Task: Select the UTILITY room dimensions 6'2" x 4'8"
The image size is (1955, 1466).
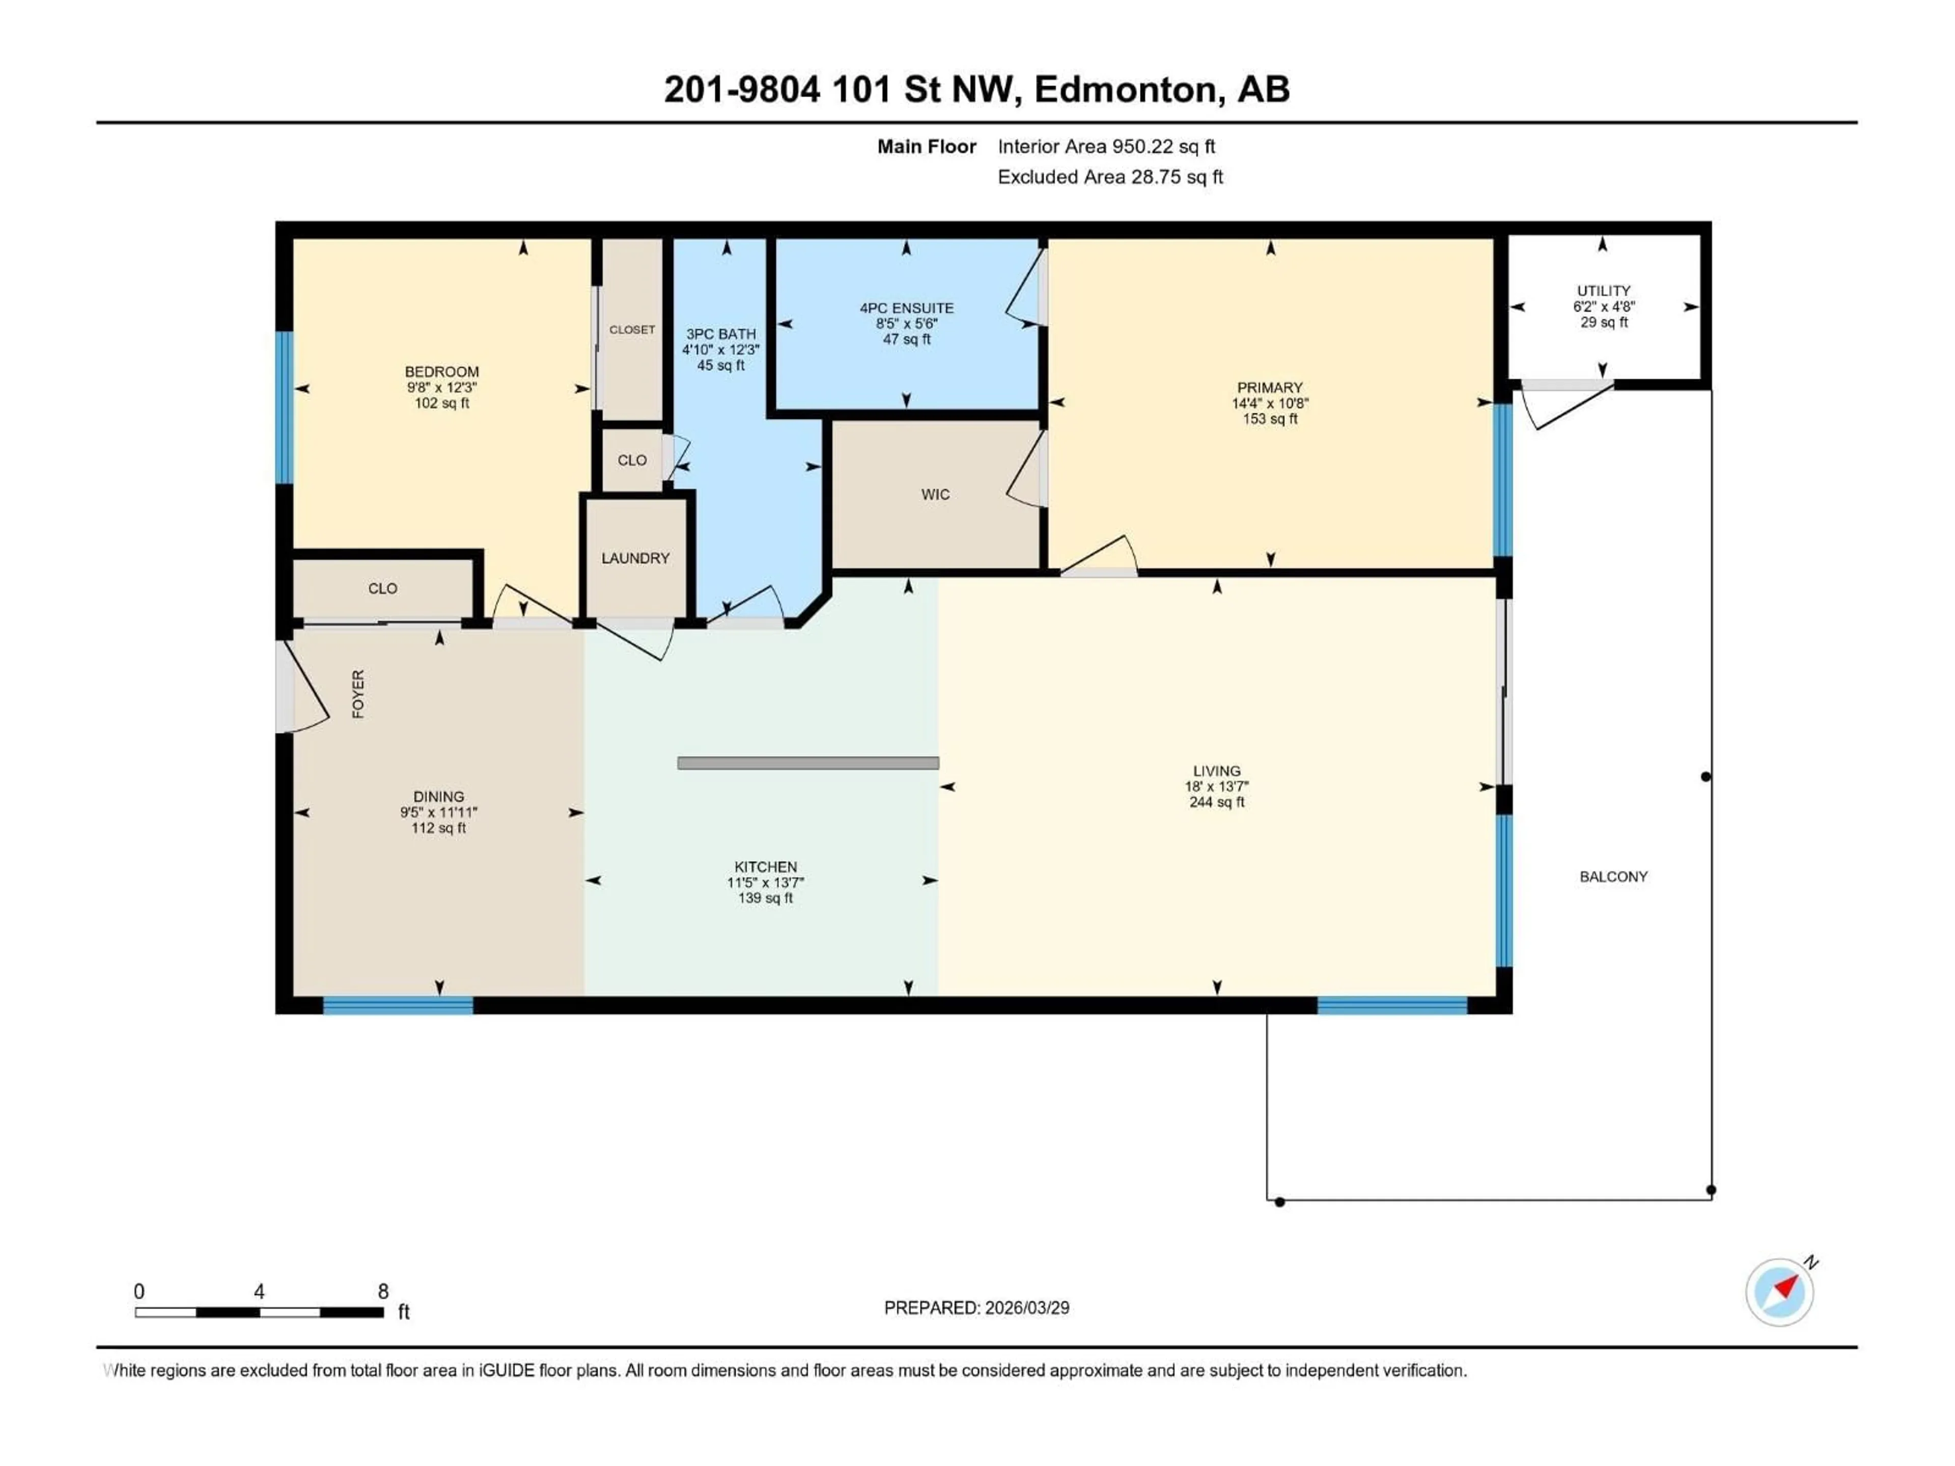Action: (x=1603, y=306)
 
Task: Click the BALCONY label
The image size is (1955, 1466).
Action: (x=1613, y=877)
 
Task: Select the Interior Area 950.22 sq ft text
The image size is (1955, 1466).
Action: (x=1106, y=147)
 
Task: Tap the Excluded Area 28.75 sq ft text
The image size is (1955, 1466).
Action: (x=1109, y=177)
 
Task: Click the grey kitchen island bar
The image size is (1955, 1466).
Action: (x=808, y=763)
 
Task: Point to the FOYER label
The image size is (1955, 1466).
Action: (x=358, y=694)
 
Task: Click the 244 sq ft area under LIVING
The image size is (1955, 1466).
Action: (x=1216, y=802)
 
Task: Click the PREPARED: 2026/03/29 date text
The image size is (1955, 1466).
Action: (x=976, y=1308)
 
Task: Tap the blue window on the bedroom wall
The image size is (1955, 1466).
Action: (x=284, y=407)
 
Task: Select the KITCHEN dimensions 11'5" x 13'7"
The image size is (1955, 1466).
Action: (x=765, y=883)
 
